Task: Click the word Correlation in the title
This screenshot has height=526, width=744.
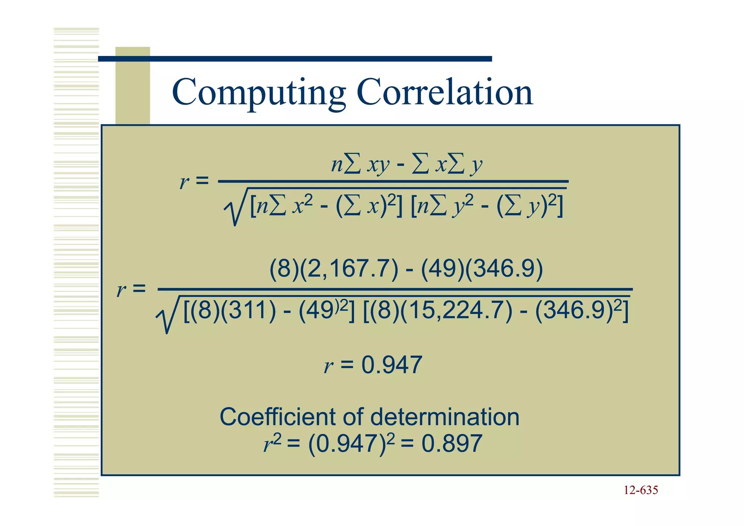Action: pyautogui.click(x=445, y=92)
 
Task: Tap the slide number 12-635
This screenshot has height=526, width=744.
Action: pyautogui.click(x=640, y=490)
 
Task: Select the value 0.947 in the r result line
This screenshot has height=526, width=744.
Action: pyautogui.click(x=392, y=365)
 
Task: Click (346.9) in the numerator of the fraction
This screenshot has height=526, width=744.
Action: pyautogui.click(x=504, y=269)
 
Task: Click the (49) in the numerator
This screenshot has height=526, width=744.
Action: pyautogui.click(x=442, y=269)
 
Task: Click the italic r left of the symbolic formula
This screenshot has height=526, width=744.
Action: pyautogui.click(x=184, y=182)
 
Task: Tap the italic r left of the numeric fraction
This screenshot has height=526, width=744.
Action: pyautogui.click(x=121, y=290)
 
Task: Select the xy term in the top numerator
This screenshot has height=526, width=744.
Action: pyautogui.click(x=378, y=165)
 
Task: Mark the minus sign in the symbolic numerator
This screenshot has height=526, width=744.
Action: pyautogui.click(x=400, y=166)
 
